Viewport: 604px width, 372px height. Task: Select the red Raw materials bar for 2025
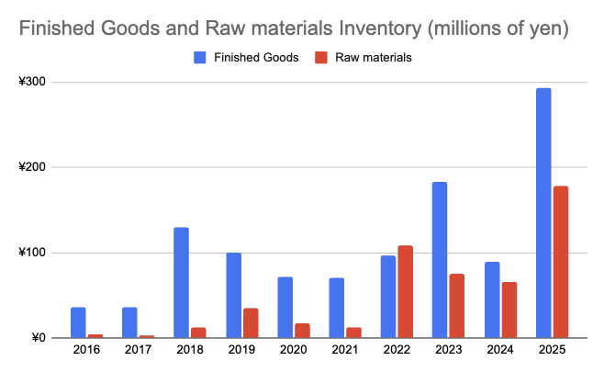click(561, 262)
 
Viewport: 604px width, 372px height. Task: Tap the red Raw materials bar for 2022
click(406, 292)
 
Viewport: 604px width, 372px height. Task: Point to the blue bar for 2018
click(181, 283)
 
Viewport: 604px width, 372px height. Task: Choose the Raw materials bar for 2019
click(251, 322)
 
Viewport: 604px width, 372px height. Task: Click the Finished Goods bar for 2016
click(78, 322)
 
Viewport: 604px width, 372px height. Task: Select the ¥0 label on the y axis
click(39, 338)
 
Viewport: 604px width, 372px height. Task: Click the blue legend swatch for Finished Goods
click(199, 58)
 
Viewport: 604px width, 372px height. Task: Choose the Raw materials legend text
click(375, 58)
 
